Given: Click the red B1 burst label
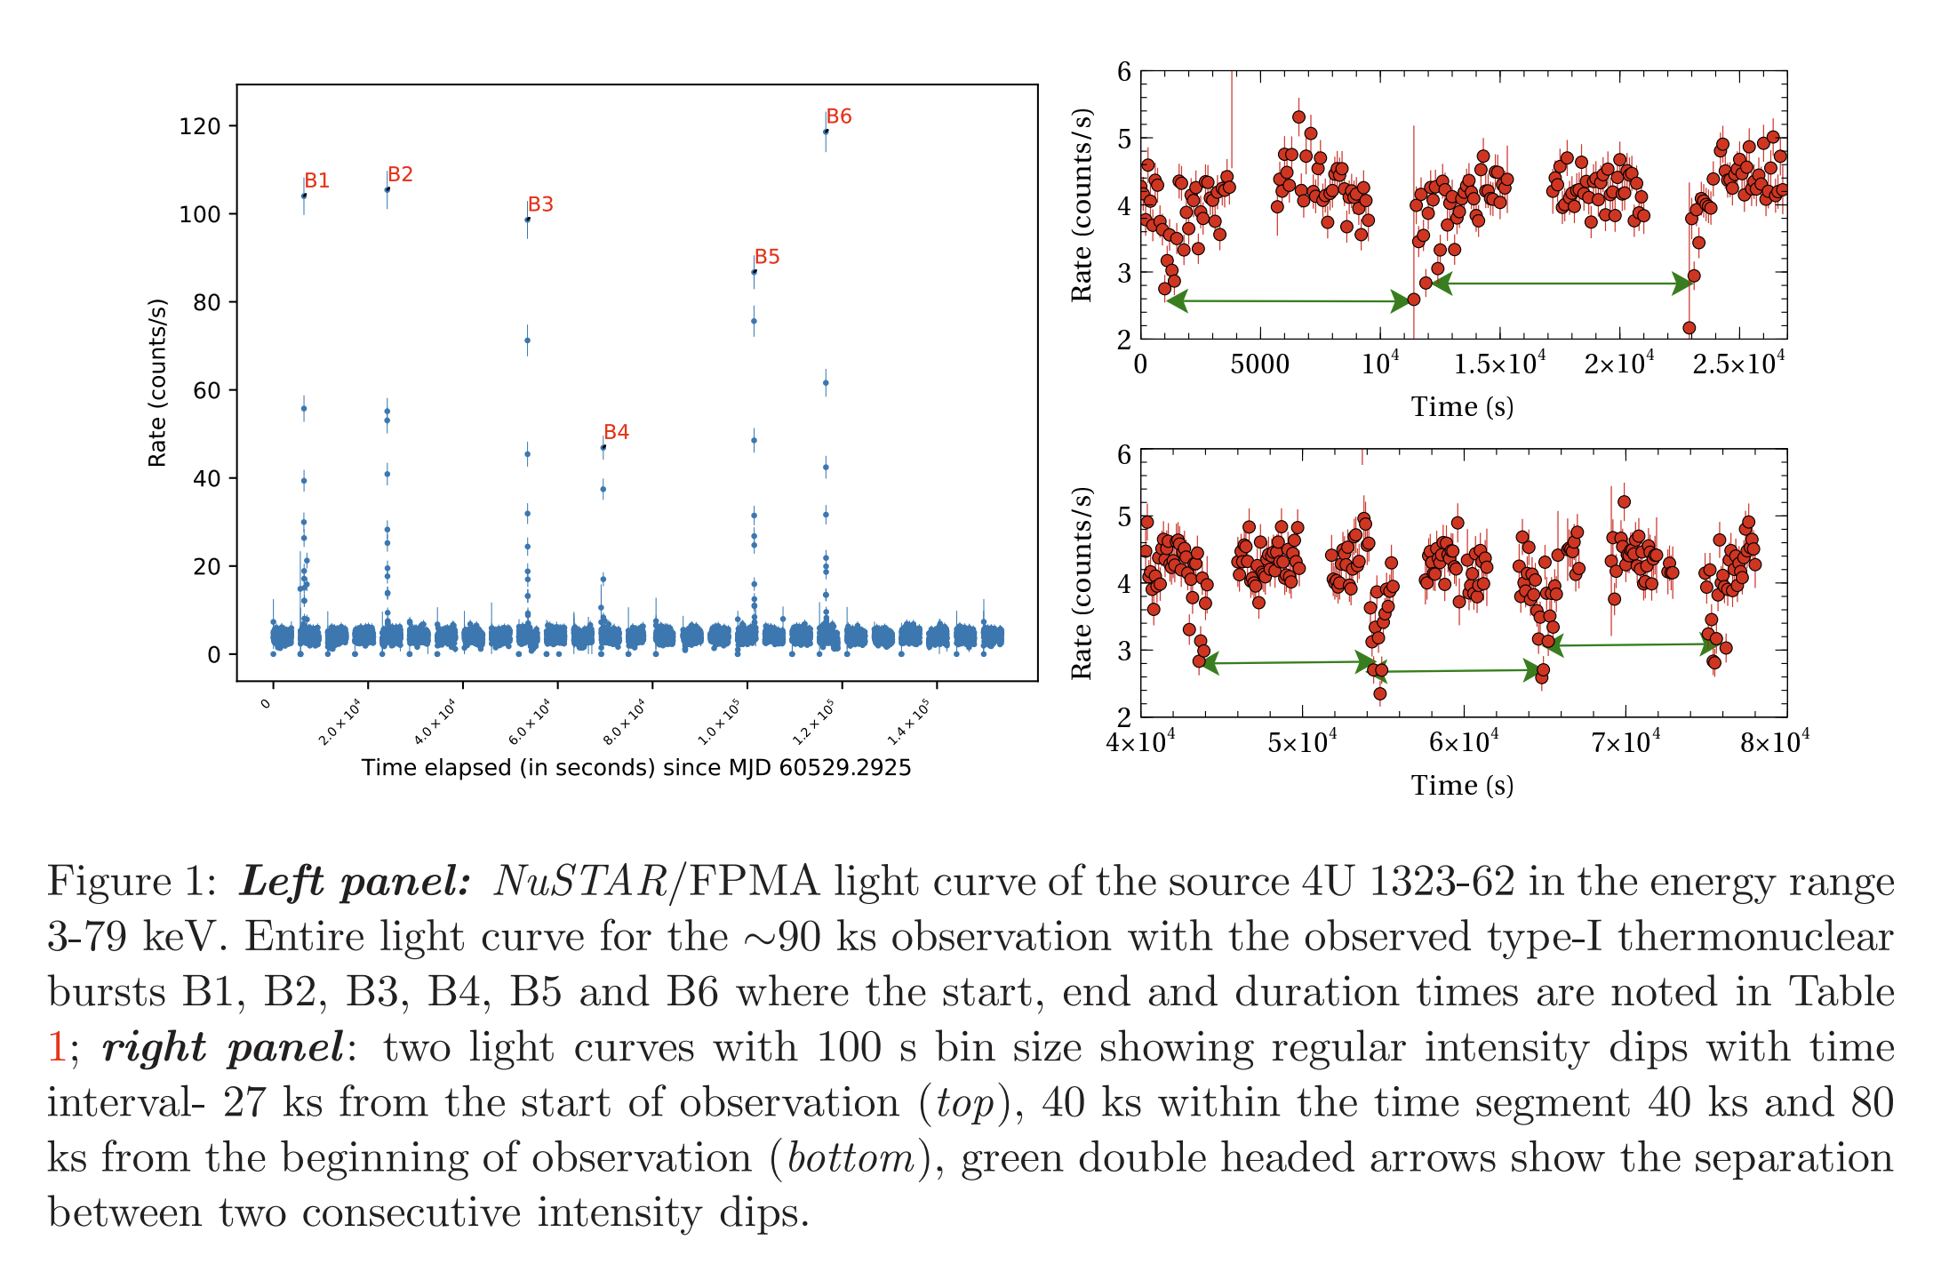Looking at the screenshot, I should pyautogui.click(x=316, y=180).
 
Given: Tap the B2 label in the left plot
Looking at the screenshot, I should pyautogui.click(x=400, y=174).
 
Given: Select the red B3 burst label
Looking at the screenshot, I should pyautogui.click(x=540, y=204).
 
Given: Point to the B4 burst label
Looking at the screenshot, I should pyautogui.click(x=616, y=432).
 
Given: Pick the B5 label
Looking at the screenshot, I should pyautogui.click(x=767, y=257).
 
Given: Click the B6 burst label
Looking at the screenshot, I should pyautogui.click(x=839, y=116).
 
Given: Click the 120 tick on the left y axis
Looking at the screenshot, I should pyautogui.click(x=200, y=126).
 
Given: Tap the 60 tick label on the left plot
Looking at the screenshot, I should pyautogui.click(x=205, y=390).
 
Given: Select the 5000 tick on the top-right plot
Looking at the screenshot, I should pyautogui.click(x=1259, y=364).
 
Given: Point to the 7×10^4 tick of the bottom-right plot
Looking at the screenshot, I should pyautogui.click(x=1625, y=741).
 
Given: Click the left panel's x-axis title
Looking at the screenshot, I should pyautogui.click(x=636, y=768).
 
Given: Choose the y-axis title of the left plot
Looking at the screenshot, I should pyautogui.click(x=157, y=382).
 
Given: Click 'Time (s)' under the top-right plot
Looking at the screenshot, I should pyautogui.click(x=1462, y=407).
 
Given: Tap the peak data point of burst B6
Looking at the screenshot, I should pyautogui.click(x=826, y=132).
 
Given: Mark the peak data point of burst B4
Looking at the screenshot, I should pyautogui.click(x=603, y=447).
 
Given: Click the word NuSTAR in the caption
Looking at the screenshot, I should pyautogui.click(x=580, y=882).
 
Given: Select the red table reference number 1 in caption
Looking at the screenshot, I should pyautogui.click(x=57, y=1047).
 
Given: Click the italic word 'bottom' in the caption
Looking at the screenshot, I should pyautogui.click(x=851, y=1158).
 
